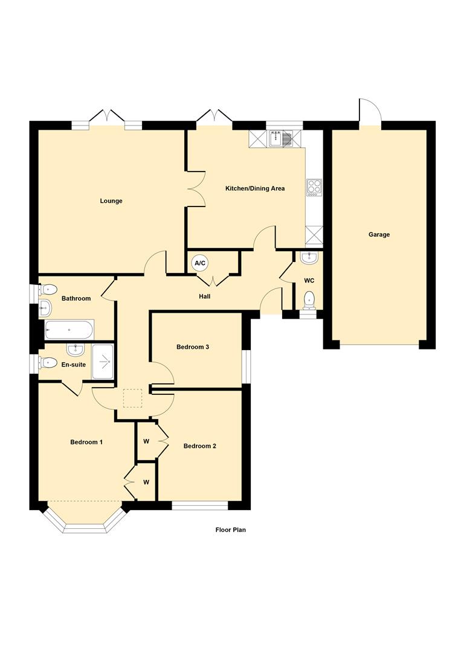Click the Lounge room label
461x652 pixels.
[x=111, y=201]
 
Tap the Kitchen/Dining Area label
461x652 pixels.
[x=255, y=188]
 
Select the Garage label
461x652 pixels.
[x=379, y=234]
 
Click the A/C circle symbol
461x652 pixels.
[x=200, y=263]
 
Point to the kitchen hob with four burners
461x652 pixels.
[x=314, y=188]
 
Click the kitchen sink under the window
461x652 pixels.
[x=281, y=138]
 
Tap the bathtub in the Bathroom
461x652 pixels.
[x=69, y=330]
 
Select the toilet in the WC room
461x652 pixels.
[x=309, y=300]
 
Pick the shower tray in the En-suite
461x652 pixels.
[x=103, y=362]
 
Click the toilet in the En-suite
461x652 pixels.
[x=47, y=363]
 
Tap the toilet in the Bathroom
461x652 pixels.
[x=48, y=289]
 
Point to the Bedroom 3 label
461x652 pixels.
[x=193, y=347]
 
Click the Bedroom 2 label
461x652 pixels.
[x=200, y=446]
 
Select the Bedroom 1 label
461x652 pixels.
[x=86, y=442]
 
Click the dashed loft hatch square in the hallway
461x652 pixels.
[x=133, y=398]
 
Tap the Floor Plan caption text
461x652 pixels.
[x=231, y=530]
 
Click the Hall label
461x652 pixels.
[x=205, y=296]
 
